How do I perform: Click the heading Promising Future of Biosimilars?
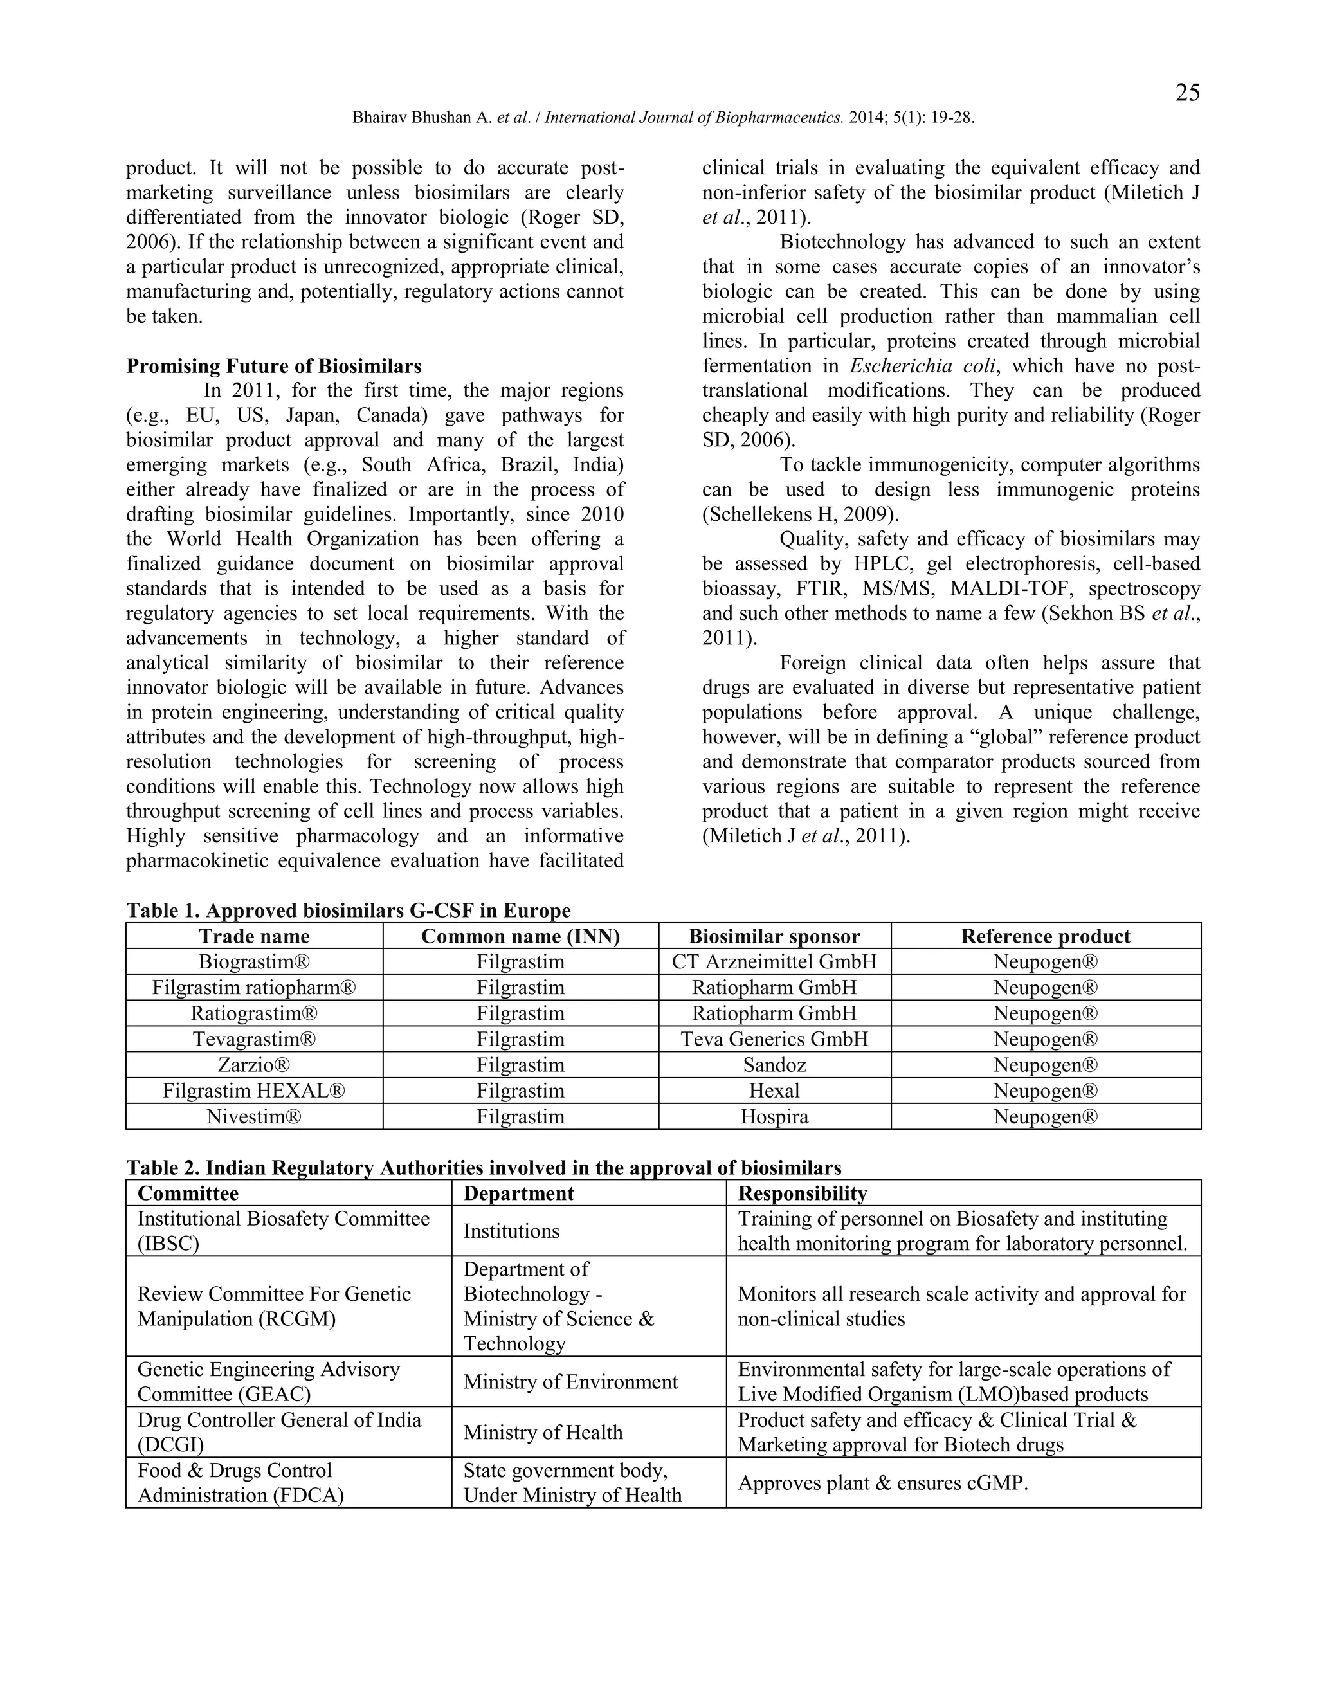(x=274, y=366)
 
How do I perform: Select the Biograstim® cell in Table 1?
(x=255, y=961)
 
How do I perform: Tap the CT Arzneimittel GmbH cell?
(x=774, y=961)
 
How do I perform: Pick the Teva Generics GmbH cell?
(x=774, y=1038)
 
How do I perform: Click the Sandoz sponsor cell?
(x=774, y=1064)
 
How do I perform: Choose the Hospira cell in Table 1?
(x=774, y=1116)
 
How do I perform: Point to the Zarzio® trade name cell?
(x=255, y=1064)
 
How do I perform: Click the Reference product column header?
(x=1046, y=936)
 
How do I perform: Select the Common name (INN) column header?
(x=520, y=936)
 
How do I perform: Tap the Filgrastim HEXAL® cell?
(x=255, y=1090)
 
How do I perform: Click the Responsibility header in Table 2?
(x=802, y=1193)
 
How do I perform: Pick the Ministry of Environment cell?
(x=570, y=1382)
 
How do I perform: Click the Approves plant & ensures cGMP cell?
(x=882, y=1482)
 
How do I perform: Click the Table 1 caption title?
(x=348, y=911)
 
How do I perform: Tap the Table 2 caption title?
(x=484, y=1167)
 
